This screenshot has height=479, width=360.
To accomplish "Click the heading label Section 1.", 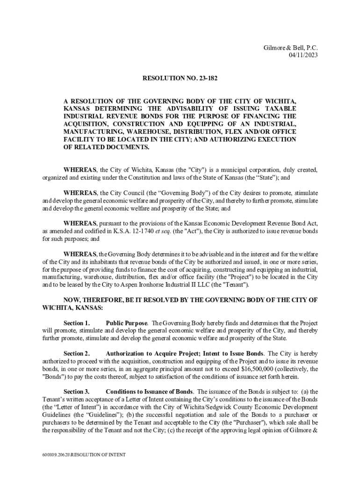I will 76,323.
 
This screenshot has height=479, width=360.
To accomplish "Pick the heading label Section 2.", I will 76,354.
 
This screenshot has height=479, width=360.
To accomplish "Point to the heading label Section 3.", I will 76,392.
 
